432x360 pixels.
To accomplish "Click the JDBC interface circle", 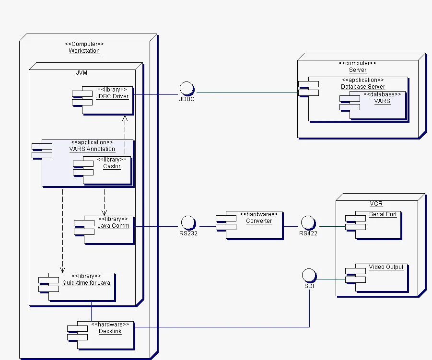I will (x=186, y=89).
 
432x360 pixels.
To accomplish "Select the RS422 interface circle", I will (x=307, y=223).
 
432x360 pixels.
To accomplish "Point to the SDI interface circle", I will (x=309, y=276).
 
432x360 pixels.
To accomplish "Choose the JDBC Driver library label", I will (x=112, y=96).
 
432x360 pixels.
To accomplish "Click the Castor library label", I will (x=112, y=166).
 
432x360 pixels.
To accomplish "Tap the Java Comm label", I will (x=113, y=225).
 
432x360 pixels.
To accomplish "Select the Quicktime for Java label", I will (x=86, y=283).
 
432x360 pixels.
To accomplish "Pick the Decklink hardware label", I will (x=110, y=331).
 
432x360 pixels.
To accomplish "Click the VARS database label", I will (x=382, y=101).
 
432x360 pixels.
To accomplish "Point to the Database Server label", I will (x=363, y=87).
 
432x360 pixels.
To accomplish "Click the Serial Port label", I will (x=383, y=214).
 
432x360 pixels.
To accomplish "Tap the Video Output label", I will (x=386, y=267).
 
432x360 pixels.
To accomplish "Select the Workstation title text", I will (x=84, y=51).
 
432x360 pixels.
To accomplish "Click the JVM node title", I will (x=82, y=73).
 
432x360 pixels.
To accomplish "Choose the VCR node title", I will (x=376, y=204).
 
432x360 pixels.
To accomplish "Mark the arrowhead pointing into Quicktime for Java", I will (x=62, y=269).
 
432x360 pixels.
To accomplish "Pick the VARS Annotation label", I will (x=92, y=149).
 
